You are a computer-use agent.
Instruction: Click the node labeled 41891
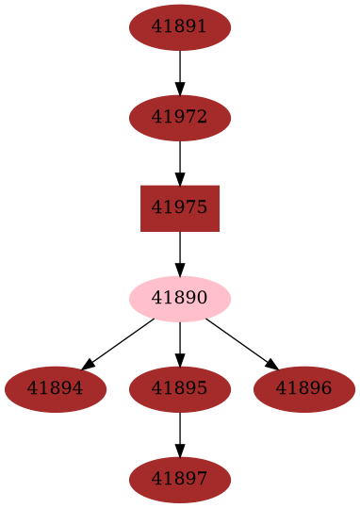coord(180,27)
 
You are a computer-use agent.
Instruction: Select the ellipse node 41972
coord(180,118)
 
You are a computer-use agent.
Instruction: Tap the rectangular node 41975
coord(180,208)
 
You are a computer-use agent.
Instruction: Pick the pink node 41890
coord(180,299)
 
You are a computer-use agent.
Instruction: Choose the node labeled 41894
coord(55,389)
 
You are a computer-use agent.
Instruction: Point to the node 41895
coord(180,389)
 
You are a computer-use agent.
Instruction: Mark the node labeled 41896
coord(304,389)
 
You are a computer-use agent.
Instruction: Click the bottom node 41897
coord(180,480)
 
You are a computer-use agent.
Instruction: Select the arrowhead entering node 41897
coord(180,451)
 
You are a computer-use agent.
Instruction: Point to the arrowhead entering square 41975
coord(180,179)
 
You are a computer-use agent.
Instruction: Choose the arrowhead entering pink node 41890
coord(180,270)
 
